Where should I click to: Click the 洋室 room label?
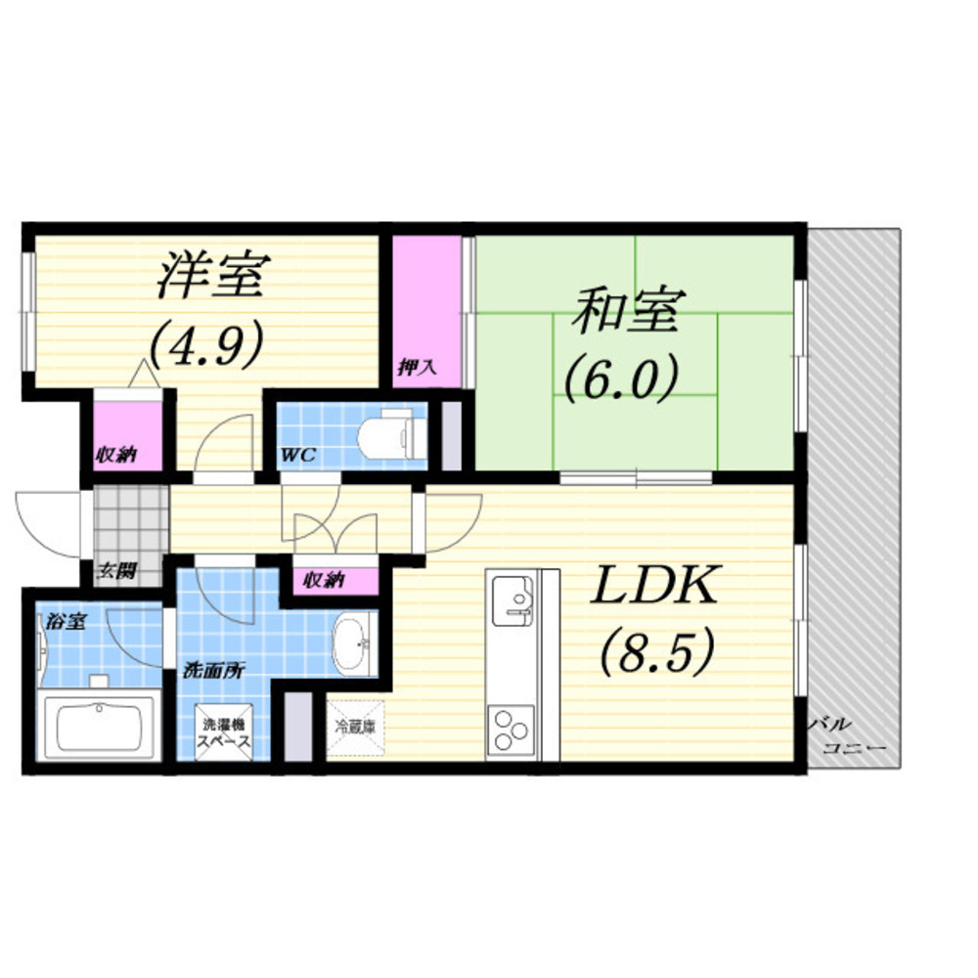(x=213, y=275)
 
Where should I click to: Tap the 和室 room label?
(x=628, y=310)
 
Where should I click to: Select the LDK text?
(x=654, y=585)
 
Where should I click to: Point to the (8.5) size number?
(x=657, y=651)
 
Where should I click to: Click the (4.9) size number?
(x=205, y=345)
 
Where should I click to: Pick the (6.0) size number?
(x=621, y=378)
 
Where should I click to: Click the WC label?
(x=298, y=455)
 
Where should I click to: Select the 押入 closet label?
(x=417, y=368)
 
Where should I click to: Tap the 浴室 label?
(x=66, y=621)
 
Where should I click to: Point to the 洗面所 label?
(x=213, y=671)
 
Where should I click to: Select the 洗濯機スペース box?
(x=223, y=733)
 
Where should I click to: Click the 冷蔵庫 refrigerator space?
(x=356, y=727)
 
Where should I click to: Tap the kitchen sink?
(x=512, y=600)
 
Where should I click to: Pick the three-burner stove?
(x=511, y=730)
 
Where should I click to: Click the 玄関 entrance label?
(x=116, y=571)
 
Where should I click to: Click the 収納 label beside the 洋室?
(x=115, y=455)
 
